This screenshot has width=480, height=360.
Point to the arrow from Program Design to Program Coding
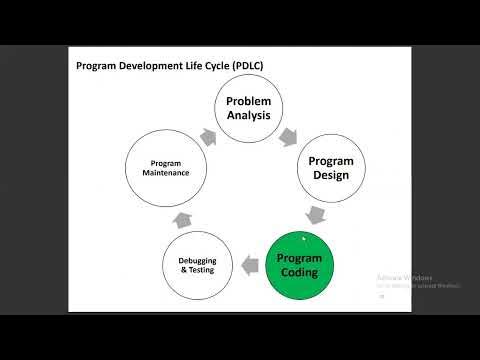(x=316, y=213)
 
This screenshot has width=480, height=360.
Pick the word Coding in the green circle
(x=298, y=273)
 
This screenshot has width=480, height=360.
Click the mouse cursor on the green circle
(x=303, y=239)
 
